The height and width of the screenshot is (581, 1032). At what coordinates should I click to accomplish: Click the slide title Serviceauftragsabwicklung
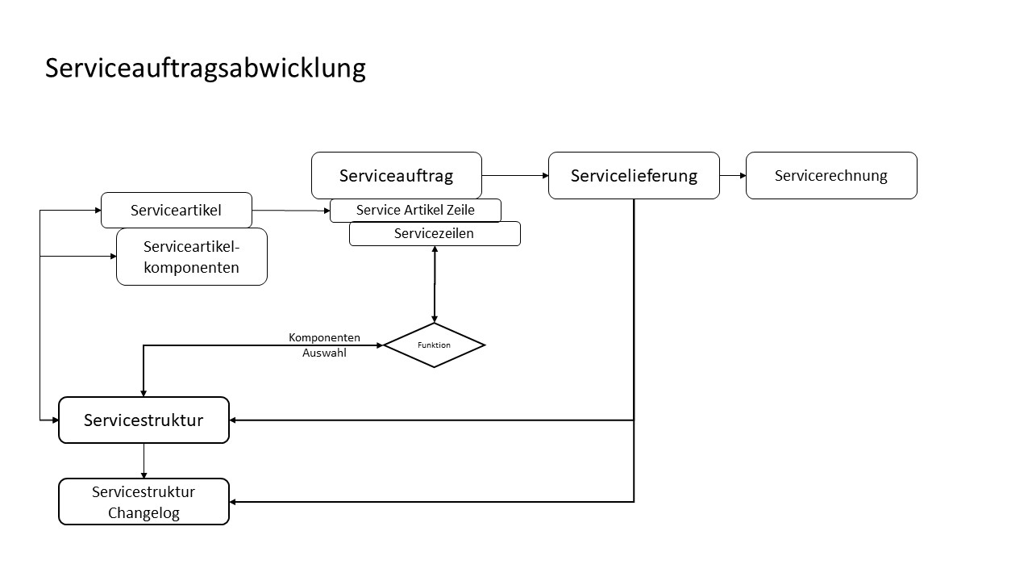[206, 69]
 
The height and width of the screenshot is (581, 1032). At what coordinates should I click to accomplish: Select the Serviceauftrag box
[397, 176]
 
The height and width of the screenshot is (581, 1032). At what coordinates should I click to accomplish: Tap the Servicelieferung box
[634, 176]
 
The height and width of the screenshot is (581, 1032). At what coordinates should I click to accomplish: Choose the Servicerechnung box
[831, 176]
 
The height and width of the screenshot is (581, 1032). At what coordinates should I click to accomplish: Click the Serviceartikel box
[177, 211]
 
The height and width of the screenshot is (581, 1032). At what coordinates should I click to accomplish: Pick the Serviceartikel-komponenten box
[192, 257]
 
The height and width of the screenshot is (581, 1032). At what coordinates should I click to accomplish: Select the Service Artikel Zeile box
[415, 211]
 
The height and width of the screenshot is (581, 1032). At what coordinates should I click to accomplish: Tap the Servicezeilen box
[435, 234]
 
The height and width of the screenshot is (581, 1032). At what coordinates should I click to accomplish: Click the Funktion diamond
[434, 345]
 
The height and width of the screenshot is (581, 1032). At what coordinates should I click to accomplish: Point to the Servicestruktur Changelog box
[144, 502]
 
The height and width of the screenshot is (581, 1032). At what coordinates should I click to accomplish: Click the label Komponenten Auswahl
[324, 345]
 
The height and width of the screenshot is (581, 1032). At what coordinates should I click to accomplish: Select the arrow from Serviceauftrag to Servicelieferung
[515, 176]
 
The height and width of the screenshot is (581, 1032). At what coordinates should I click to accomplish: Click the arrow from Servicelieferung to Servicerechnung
[733, 176]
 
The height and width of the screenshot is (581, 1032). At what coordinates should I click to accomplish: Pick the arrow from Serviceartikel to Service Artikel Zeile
[291, 211]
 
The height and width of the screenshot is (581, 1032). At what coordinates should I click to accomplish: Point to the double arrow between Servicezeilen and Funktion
[435, 284]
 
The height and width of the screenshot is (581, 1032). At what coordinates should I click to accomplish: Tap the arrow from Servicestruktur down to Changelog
[144, 461]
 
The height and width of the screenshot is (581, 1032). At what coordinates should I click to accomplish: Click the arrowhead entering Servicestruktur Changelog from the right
[233, 502]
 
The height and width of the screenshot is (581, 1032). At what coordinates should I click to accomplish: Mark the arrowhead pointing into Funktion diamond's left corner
[380, 345]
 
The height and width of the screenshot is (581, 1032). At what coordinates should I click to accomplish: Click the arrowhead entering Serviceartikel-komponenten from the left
[114, 257]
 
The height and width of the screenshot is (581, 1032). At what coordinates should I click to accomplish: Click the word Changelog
[144, 512]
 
